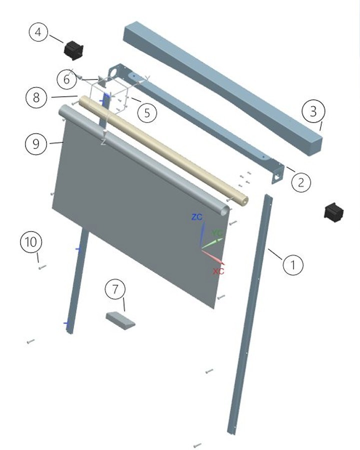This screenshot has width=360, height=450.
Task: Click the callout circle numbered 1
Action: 293,264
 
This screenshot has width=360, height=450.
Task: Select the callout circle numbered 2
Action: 301,182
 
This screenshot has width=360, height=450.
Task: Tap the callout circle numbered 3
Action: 313,111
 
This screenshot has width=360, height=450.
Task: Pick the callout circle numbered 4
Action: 38,32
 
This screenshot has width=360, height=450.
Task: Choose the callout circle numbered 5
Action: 147,113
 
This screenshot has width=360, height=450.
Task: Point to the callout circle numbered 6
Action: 66,79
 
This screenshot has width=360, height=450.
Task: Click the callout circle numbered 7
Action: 115,289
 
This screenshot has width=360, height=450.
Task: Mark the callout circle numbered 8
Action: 36,97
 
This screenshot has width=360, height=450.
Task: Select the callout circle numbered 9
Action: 36,143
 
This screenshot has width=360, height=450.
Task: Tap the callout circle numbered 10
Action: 31,242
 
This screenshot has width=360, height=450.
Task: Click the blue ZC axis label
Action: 197,217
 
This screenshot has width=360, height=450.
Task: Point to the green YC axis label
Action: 217,232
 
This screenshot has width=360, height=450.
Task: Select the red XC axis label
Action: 218,271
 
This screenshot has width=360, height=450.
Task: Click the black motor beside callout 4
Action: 73,50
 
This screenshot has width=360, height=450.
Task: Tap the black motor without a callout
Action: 333,212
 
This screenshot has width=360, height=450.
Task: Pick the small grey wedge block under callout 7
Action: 120,320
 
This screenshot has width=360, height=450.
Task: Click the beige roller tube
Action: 163,150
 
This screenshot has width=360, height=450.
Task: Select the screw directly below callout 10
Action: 42,267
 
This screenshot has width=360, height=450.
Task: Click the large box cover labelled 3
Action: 223,88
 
